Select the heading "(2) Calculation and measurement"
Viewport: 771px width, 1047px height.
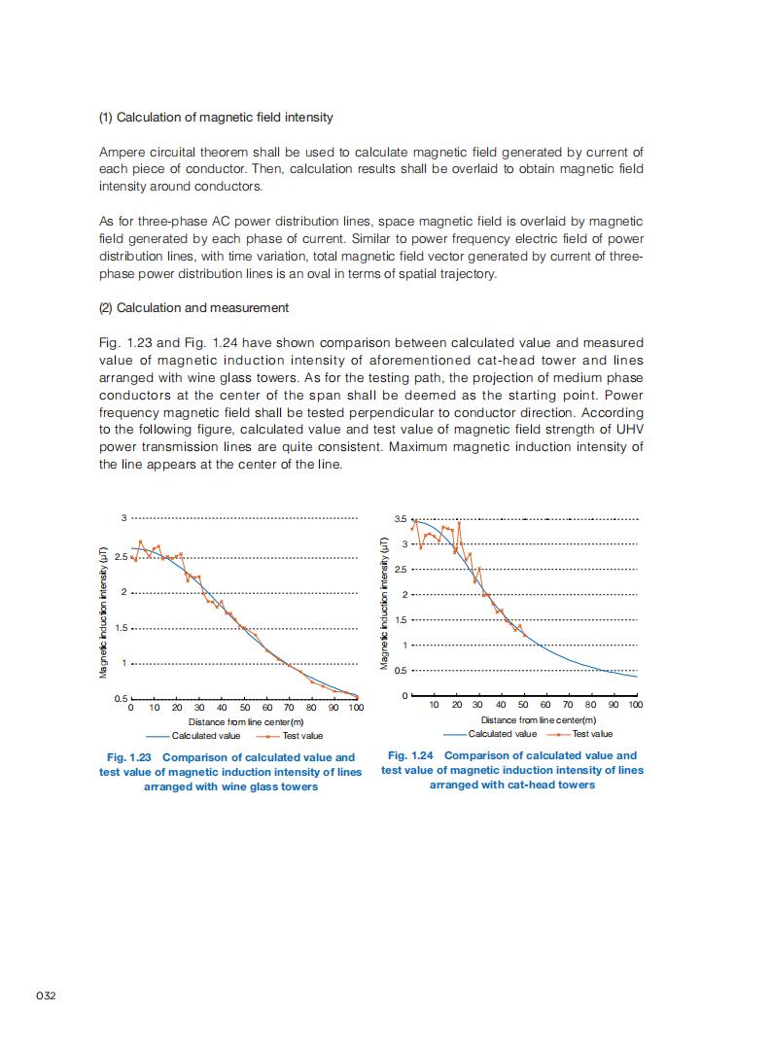[193, 308]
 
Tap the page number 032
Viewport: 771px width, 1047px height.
[46, 996]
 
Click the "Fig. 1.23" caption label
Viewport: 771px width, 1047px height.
[130, 757]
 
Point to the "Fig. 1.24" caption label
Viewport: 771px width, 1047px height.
[411, 755]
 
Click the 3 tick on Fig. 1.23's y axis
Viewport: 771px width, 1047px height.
[123, 518]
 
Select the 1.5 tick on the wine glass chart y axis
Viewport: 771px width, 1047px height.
[121, 628]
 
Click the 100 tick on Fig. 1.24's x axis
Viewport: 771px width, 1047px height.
[635, 705]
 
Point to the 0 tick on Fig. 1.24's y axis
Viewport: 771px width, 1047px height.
[405, 696]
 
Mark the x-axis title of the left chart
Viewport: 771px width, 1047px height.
[246, 722]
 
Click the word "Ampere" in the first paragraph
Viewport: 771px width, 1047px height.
[121, 153]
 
